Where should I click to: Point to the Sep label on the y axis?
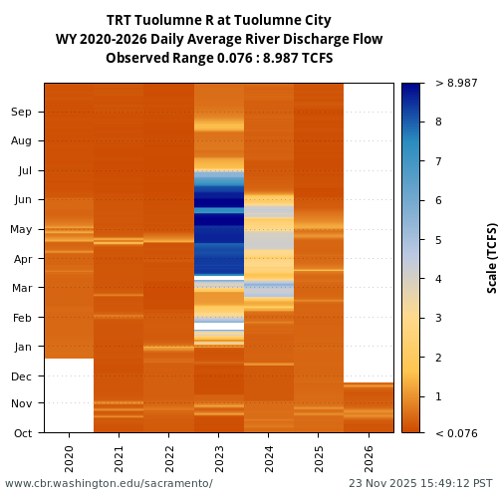pyautogui.click(x=22, y=112)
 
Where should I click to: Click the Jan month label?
pyautogui.click(x=22, y=347)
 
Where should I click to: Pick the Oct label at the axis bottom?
pyautogui.click(x=22, y=433)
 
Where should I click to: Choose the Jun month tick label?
pyautogui.click(x=22, y=199)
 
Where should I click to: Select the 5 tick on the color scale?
pyautogui.click(x=438, y=239)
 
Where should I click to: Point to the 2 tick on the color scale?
pyautogui.click(x=438, y=357)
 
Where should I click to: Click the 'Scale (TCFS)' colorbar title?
pyautogui.click(x=491, y=257)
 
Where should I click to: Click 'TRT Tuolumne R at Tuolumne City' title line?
pyautogui.click(x=219, y=20)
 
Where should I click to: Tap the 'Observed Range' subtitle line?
pyautogui.click(x=219, y=58)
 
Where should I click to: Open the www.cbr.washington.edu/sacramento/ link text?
pyautogui.click(x=109, y=483)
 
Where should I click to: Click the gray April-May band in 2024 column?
pyautogui.click(x=268, y=240)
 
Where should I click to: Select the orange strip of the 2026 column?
pyautogui.click(x=369, y=407)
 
